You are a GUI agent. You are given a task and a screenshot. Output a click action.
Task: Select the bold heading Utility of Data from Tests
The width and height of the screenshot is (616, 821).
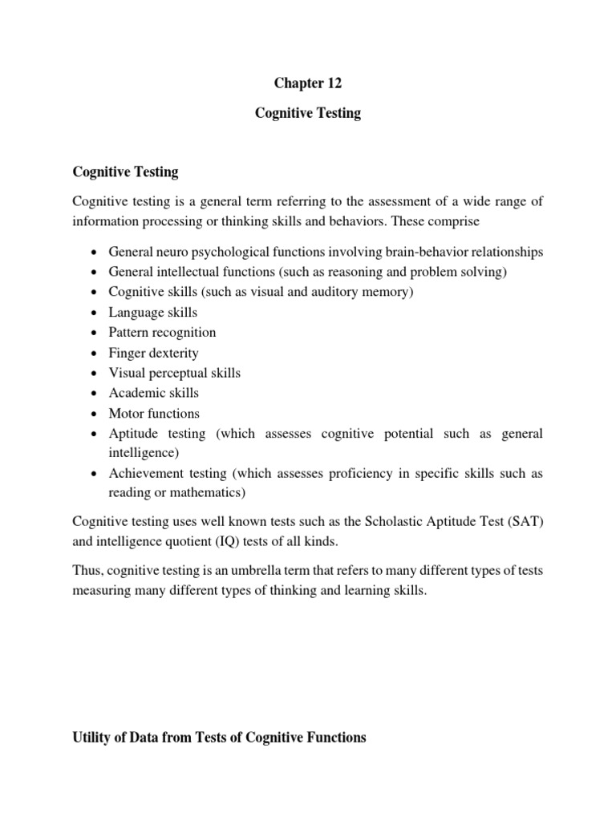pyautogui.click(x=219, y=738)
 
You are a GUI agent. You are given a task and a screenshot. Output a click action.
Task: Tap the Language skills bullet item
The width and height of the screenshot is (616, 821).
pyautogui.click(x=153, y=312)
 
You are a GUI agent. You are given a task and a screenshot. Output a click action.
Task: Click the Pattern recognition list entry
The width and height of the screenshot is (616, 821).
pyautogui.click(x=163, y=332)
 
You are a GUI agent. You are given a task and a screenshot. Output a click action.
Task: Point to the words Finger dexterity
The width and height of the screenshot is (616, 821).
pyautogui.click(x=154, y=353)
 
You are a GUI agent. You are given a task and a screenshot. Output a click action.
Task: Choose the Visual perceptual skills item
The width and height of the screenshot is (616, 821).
pyautogui.click(x=175, y=373)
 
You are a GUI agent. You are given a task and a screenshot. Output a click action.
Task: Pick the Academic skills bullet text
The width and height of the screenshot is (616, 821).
pyautogui.click(x=154, y=393)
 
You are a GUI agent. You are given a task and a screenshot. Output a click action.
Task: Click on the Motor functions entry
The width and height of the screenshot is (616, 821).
pyautogui.click(x=155, y=414)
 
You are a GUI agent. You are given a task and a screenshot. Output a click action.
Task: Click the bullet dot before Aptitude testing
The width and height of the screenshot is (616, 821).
pyautogui.click(x=95, y=434)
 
